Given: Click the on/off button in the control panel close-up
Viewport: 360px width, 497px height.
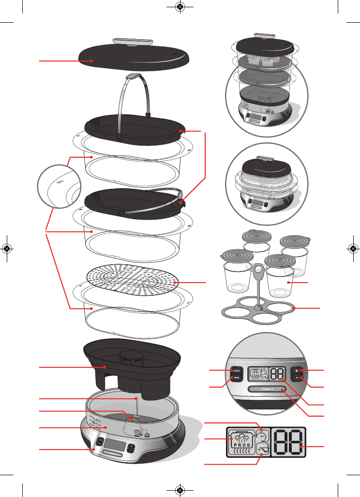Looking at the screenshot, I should pos(237,370).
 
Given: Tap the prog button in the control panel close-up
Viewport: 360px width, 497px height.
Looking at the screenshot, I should pos(237,379).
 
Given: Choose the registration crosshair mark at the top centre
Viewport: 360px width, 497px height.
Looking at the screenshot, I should pos(180,7).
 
